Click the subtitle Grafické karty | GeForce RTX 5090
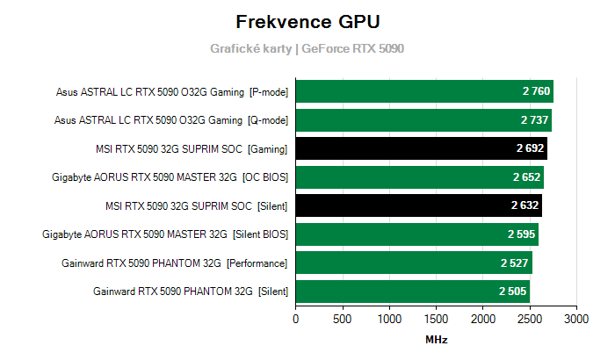pyautogui.click(x=307, y=49)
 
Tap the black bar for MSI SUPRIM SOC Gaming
pyautogui.click(x=421, y=148)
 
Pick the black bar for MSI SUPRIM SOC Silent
pyautogui.click(x=418, y=205)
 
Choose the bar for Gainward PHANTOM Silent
pyautogui.click(x=412, y=291)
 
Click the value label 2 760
pyautogui.click(x=536, y=91)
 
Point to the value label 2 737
pyautogui.click(x=534, y=120)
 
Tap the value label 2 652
pyautogui.click(x=527, y=177)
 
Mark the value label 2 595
pyautogui.click(x=522, y=234)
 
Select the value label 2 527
pyautogui.click(x=516, y=263)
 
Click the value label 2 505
pyautogui.click(x=513, y=292)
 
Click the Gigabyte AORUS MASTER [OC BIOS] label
pyautogui.click(x=170, y=177)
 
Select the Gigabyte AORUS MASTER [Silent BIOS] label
pyautogui.click(x=166, y=234)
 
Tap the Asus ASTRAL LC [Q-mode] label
pyautogui.click(x=171, y=120)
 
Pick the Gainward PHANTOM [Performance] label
pyautogui.click(x=175, y=263)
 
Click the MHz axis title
pyautogui.click(x=436, y=339)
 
